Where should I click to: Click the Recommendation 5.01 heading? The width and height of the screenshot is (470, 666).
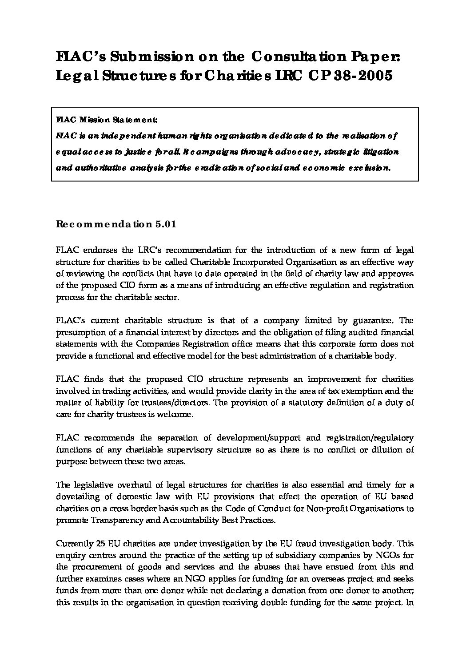click(116, 224)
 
